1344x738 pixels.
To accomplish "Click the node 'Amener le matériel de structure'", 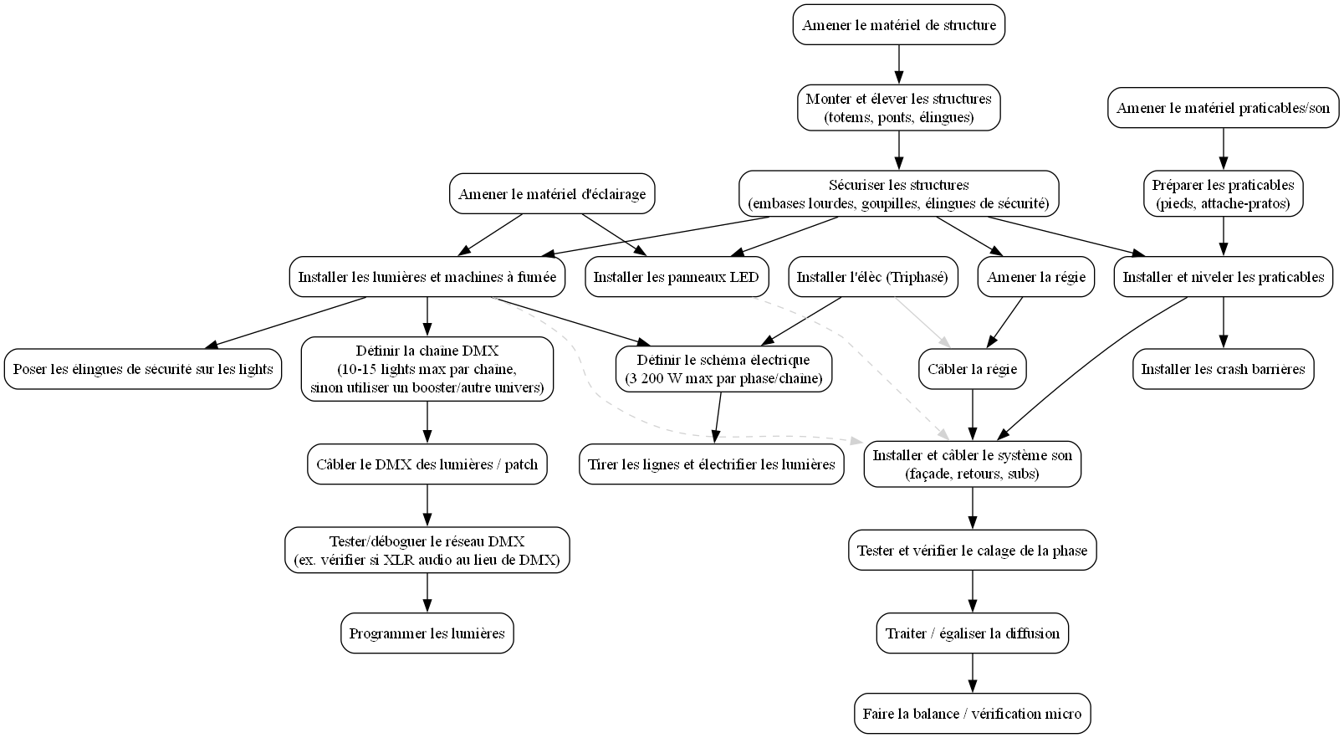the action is (x=898, y=24).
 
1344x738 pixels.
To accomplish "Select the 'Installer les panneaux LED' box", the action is (x=677, y=277).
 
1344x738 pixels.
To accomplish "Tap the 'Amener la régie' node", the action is (x=1035, y=277).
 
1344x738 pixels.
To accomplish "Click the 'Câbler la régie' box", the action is (x=972, y=369).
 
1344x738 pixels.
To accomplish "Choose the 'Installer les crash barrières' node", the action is (x=1223, y=369).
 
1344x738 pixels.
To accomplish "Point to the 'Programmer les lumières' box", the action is (x=427, y=633).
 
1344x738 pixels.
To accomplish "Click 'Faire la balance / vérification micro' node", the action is (x=972, y=714).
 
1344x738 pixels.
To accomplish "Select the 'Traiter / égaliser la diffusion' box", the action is (x=972, y=633).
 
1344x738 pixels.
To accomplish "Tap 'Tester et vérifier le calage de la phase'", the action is (x=972, y=550).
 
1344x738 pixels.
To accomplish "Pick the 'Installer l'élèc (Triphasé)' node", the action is (x=872, y=277).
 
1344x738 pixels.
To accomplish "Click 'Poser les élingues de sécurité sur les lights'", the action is (x=143, y=369).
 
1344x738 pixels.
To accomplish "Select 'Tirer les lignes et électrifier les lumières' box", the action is (x=712, y=464).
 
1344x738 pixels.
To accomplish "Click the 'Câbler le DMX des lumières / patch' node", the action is (x=427, y=464).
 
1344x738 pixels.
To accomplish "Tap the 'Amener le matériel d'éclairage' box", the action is (x=552, y=193).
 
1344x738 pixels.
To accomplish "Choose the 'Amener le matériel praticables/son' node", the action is (x=1223, y=107).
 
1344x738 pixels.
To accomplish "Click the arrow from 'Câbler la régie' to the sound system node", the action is (x=972, y=415).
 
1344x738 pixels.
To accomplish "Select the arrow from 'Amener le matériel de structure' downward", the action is (x=898, y=64).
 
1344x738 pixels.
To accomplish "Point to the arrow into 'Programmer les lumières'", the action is (x=427, y=592).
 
